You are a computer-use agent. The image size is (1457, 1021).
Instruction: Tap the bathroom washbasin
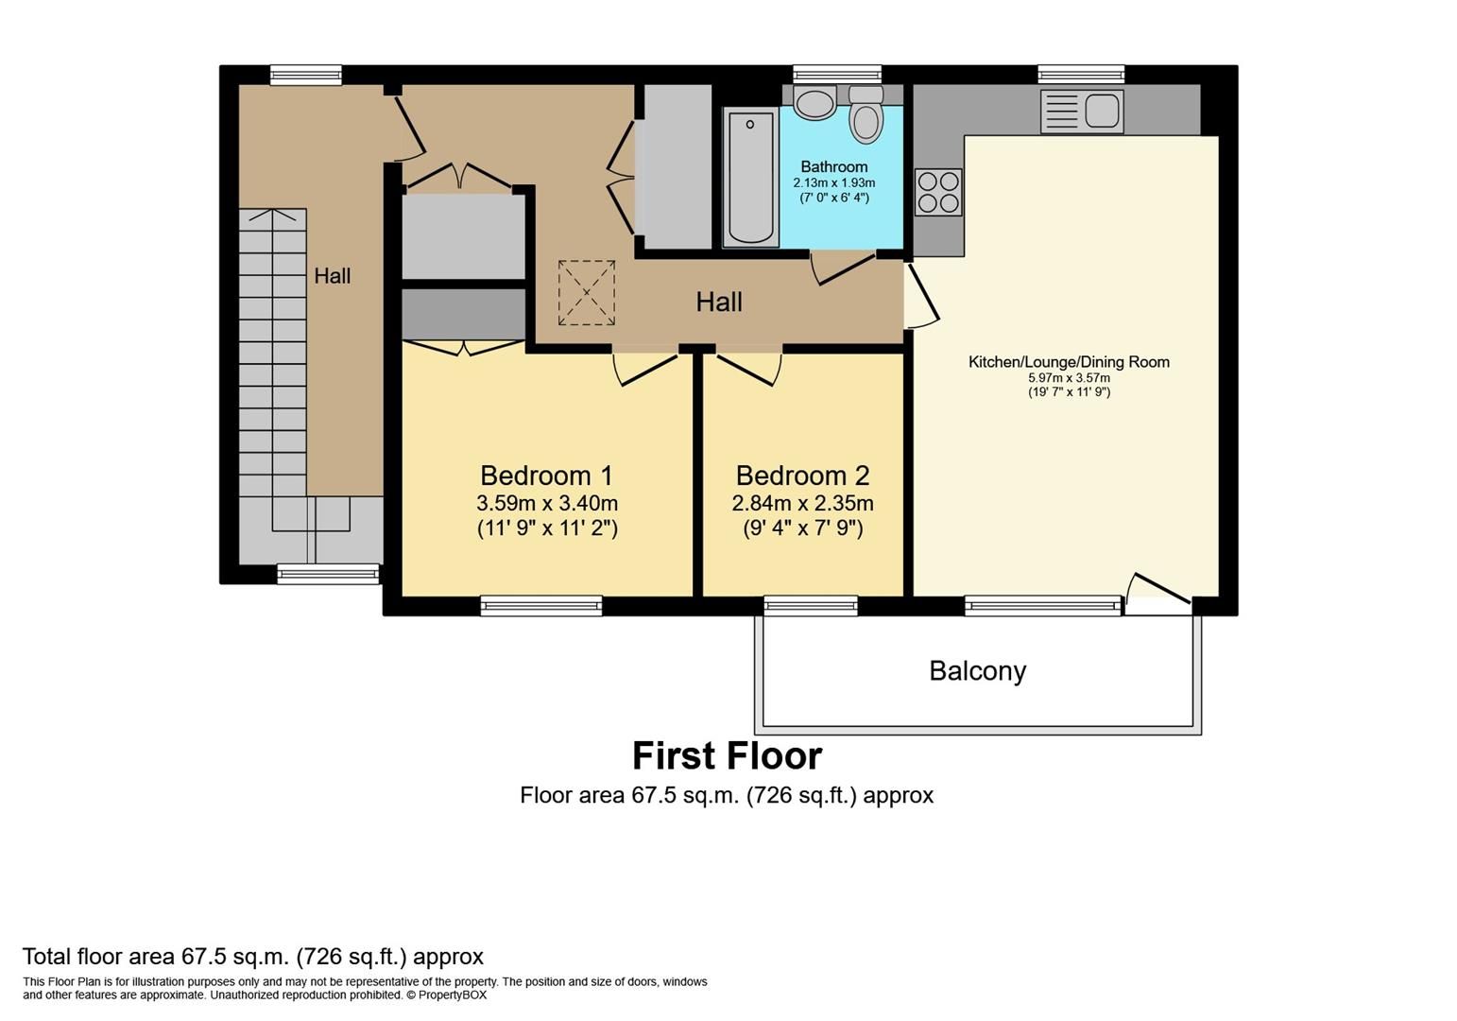814,102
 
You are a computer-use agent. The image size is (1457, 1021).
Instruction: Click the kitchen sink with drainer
1082,111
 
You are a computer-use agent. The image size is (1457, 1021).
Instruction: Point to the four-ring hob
938,192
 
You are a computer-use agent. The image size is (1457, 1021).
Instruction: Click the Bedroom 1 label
546,476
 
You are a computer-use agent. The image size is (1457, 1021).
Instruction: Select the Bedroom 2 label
802,476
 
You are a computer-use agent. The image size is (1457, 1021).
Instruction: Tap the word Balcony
977,671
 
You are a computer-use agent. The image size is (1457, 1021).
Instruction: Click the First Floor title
727,756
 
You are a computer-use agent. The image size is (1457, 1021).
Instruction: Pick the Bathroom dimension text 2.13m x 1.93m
833,182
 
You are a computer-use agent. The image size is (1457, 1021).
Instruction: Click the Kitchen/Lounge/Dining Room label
1069,362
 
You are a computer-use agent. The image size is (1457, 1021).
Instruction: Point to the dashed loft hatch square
586,293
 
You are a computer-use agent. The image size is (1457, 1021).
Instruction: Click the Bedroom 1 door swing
645,368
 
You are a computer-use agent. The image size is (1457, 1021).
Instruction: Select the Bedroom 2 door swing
748,368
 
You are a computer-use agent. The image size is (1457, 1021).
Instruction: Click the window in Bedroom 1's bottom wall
541,605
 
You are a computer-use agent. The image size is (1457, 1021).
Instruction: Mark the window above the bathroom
836,74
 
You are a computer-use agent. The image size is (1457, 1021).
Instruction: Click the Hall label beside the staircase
333,276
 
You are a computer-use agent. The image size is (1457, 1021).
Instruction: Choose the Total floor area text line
253,957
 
